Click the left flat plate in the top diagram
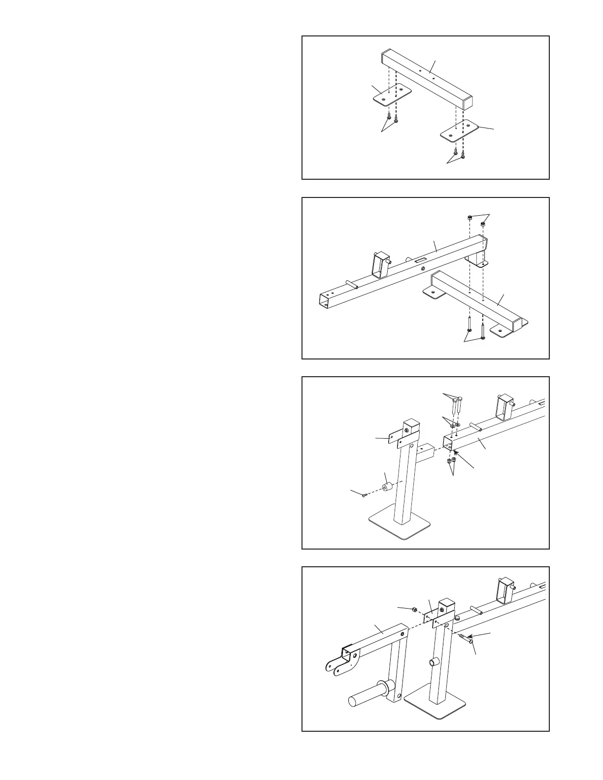[391, 96]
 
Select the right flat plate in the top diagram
[460, 132]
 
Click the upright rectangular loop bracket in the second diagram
[379, 265]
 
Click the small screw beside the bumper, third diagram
[364, 496]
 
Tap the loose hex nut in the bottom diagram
[415, 610]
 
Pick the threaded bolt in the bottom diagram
[466, 638]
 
